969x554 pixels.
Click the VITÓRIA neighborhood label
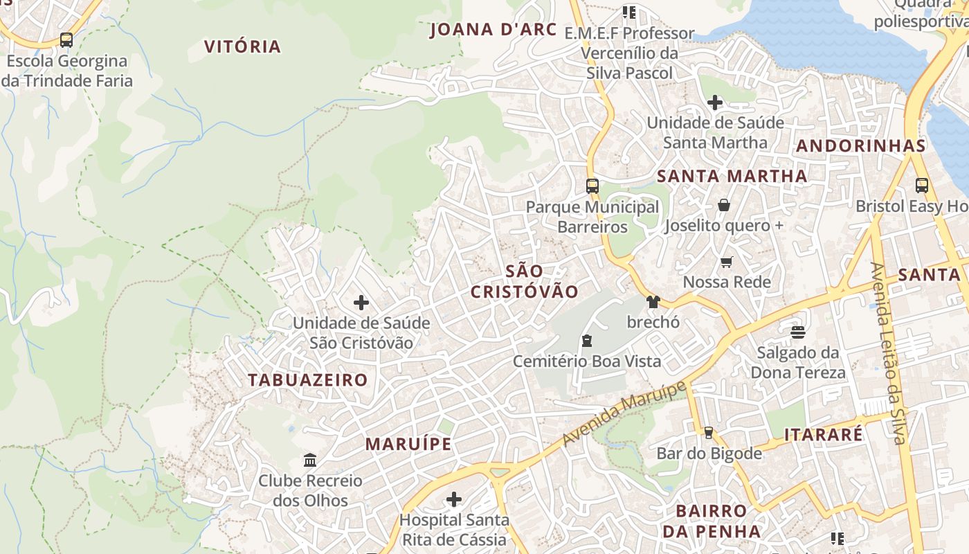click(242, 47)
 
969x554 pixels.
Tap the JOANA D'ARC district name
click(493, 30)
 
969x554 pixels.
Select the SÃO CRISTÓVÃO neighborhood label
click(524, 281)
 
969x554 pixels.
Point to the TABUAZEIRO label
click(308, 380)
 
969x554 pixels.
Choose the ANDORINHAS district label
click(860, 146)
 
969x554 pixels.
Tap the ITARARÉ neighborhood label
click(824, 435)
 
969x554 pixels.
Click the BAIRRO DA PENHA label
click(712, 521)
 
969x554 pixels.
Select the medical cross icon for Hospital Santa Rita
click(454, 499)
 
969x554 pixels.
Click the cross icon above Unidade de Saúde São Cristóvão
click(361, 303)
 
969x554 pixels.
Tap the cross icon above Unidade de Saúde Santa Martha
click(715, 102)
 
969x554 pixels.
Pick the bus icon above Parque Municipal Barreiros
click(592, 186)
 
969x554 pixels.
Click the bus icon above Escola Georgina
click(66, 40)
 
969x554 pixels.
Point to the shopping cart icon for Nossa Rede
click(726, 262)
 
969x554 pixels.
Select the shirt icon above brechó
click(653, 301)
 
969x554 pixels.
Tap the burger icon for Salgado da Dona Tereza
click(798, 332)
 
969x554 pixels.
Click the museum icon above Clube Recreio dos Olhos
click(310, 460)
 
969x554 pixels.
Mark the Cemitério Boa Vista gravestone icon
click(587, 340)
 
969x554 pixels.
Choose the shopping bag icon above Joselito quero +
click(724, 205)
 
